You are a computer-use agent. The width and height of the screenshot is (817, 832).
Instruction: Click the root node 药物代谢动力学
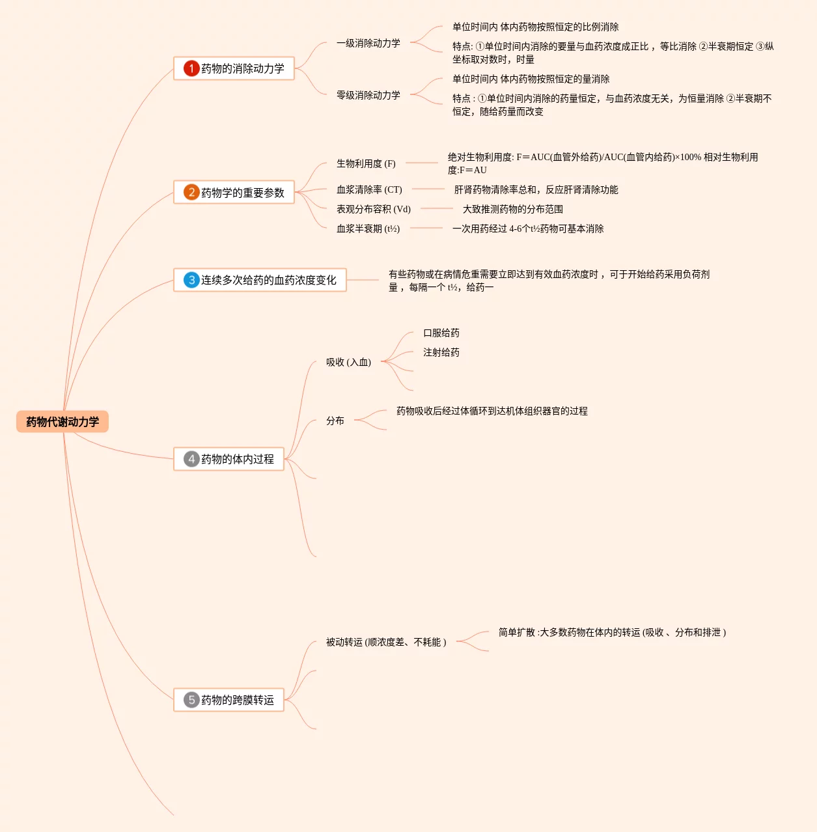pos(62,422)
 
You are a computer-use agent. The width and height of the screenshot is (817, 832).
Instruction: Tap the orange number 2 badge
pos(191,192)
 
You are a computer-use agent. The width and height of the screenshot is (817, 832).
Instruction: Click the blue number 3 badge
pos(191,280)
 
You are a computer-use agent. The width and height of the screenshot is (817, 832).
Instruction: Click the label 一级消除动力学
pos(368,43)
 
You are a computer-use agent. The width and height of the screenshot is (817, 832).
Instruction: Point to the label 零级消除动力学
pos(368,95)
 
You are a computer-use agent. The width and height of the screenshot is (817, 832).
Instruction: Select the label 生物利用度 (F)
pos(366,163)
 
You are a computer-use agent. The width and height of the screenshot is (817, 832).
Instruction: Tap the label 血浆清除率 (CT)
pos(369,189)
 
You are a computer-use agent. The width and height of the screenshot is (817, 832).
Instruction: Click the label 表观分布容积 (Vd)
pos(373,209)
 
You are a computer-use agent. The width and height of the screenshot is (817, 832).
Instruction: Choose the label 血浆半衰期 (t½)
pos(368,229)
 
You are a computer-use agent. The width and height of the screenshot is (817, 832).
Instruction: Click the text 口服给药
pos(441,333)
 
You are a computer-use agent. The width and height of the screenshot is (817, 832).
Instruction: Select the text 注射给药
pos(441,352)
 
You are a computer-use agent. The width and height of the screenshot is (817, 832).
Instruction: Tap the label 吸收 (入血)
pos(348,362)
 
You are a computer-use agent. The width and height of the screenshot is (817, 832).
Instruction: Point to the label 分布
pos(335,421)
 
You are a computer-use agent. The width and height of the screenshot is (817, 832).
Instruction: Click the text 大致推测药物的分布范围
pos(512,209)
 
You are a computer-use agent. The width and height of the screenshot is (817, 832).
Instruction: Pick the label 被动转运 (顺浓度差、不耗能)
pos(386,642)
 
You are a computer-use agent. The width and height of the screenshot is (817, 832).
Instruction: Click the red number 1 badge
pos(191,68)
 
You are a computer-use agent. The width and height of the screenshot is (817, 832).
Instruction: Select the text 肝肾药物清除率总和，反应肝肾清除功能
pos(536,189)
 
